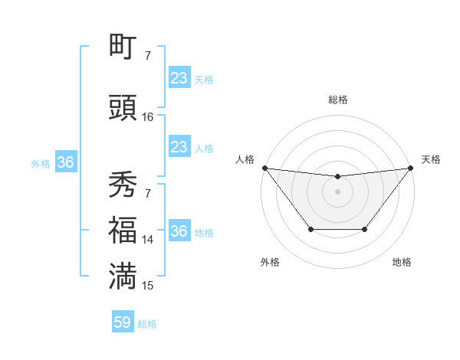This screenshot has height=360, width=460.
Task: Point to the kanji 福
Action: (x=123, y=229)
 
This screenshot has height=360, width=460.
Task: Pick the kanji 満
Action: (x=123, y=275)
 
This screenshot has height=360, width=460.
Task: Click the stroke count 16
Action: (x=148, y=117)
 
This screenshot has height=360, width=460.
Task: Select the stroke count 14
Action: (x=147, y=240)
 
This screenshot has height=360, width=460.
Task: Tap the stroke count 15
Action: (x=147, y=286)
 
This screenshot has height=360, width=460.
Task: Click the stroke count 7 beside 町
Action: (x=147, y=56)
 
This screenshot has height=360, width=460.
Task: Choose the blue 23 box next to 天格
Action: (x=179, y=78)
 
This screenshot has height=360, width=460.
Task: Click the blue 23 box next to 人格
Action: (x=179, y=147)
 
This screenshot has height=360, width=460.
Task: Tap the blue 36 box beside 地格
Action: (x=179, y=231)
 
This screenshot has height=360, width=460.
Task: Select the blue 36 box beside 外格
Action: (x=65, y=162)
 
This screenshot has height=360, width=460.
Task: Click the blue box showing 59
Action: (x=123, y=323)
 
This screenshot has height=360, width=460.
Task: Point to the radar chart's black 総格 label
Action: (x=337, y=100)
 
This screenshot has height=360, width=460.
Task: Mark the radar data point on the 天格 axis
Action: (x=410, y=168)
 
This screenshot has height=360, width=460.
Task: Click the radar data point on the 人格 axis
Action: (x=264, y=168)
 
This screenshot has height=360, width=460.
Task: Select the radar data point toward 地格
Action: (x=365, y=229)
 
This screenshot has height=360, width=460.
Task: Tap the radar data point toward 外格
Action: (x=310, y=229)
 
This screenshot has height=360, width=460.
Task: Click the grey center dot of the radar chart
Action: (x=337, y=191)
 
